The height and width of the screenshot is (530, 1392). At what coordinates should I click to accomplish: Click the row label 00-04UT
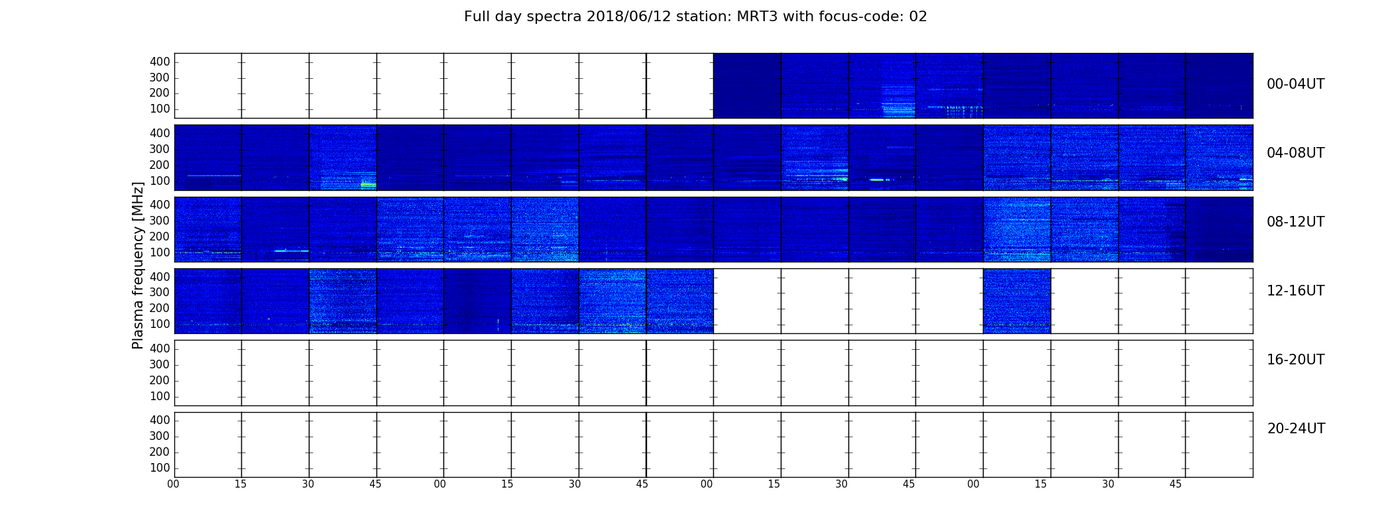(1295, 84)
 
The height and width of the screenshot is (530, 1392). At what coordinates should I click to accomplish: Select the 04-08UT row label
(1295, 153)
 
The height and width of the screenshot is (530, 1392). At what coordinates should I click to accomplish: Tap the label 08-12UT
(1295, 222)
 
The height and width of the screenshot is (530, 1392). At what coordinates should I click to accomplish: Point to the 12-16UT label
(1295, 291)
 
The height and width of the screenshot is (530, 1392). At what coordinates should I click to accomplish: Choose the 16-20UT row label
(1295, 360)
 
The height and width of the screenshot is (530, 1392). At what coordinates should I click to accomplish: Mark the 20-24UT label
(1296, 429)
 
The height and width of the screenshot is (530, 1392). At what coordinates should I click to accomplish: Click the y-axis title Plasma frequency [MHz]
(138, 265)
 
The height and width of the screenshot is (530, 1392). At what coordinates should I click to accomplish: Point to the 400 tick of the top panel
(160, 62)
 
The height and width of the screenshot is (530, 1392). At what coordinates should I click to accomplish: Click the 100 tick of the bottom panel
(160, 468)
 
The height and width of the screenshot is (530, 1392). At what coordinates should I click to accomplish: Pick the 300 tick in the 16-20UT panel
(160, 364)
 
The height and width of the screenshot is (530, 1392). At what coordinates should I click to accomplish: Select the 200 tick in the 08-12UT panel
(160, 237)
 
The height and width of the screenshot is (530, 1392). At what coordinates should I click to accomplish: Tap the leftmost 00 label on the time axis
(173, 484)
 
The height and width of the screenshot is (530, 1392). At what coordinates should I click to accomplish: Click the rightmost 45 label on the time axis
(1175, 484)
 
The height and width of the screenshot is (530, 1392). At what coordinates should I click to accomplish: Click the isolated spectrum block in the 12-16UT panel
(1017, 301)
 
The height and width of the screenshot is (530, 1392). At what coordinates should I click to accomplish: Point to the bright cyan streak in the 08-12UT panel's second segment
(292, 251)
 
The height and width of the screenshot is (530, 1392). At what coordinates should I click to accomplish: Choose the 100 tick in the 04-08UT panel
(160, 181)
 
